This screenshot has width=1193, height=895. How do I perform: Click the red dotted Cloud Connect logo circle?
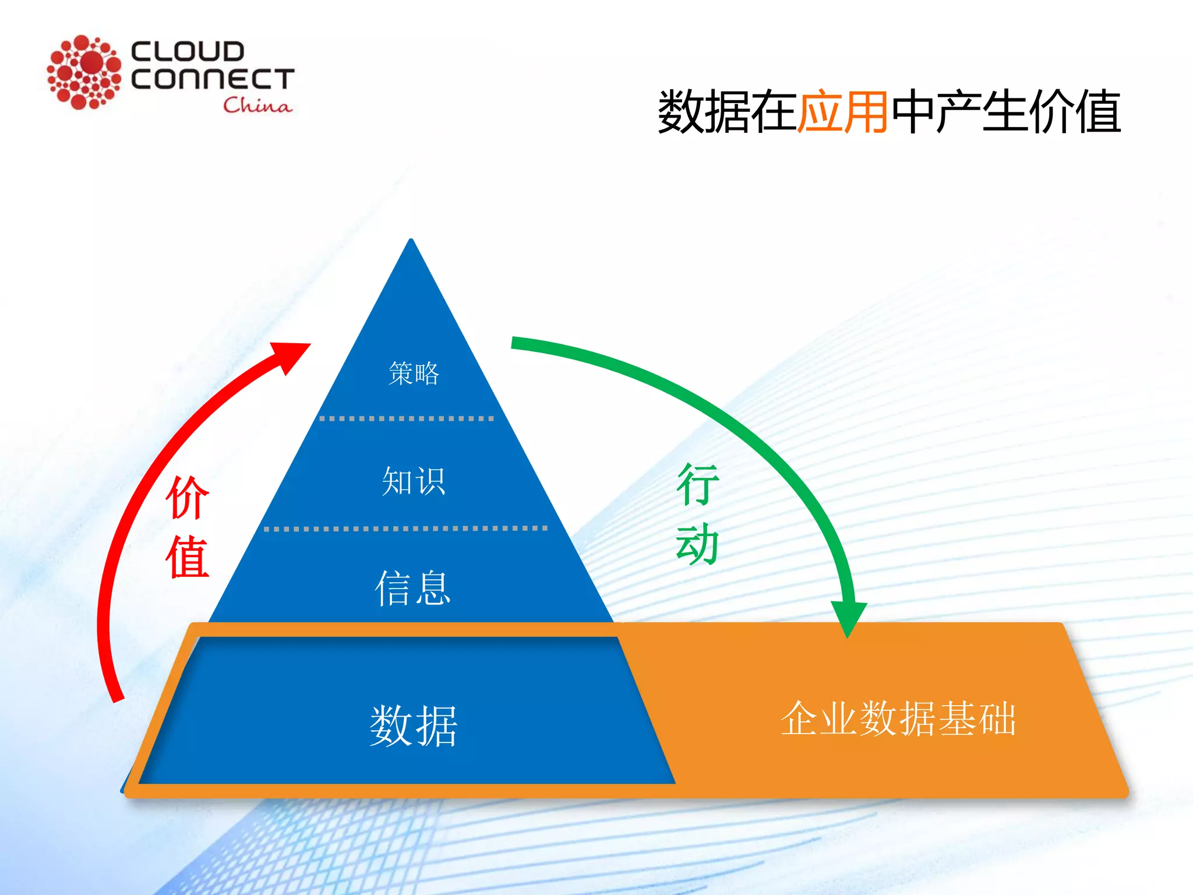pos(84,72)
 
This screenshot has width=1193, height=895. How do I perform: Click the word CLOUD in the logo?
pos(187,51)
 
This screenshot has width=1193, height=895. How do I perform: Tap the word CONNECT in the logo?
pos(213,79)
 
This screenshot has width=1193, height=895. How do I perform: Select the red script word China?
pos(257,105)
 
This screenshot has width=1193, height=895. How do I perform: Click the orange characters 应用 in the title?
pos(842,111)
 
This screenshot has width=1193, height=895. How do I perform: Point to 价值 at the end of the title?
pos(1075,111)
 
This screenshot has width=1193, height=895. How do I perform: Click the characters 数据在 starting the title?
pos(727,111)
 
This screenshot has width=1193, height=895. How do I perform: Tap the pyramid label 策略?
pos(414,373)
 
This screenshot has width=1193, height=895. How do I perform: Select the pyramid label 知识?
pos(414,481)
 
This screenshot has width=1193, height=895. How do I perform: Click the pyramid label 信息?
pos(412,588)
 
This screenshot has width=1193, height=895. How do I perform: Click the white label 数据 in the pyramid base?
pos(414,725)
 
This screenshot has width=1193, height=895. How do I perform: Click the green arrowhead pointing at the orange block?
pos(848,618)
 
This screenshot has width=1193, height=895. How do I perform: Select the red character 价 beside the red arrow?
pos(187,497)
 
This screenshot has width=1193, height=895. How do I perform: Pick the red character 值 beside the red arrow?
pos(187,557)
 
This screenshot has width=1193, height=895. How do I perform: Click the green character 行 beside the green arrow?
pos(697,484)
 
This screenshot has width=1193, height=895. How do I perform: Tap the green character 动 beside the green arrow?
pos(697,544)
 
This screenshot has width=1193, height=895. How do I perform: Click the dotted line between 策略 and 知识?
pos(407,418)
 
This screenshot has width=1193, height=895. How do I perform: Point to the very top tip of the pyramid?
pos(411,241)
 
